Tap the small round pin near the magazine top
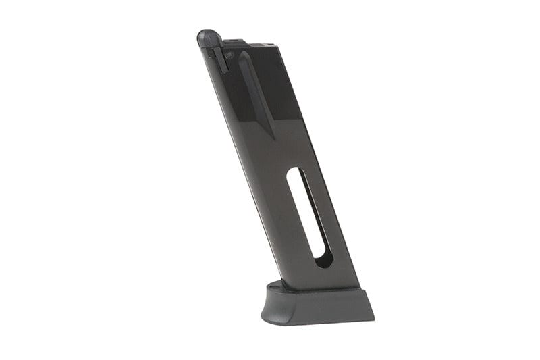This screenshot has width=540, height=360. (230, 55)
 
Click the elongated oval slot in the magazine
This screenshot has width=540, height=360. (310, 216)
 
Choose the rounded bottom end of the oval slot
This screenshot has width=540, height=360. (325, 260)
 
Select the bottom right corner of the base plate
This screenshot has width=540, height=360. (373, 317)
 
